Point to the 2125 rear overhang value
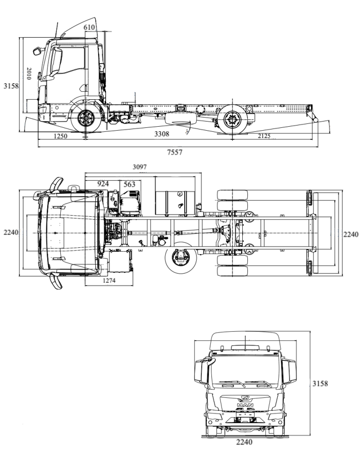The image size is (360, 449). coord(268,137)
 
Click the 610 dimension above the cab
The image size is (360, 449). coord(89,27)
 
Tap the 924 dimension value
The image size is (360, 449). coord(103,184)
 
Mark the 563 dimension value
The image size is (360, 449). coord(129,184)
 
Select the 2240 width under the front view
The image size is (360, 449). coord(244,442)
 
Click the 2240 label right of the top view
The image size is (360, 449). coord(350,234)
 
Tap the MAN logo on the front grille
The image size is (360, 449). coord(244,404)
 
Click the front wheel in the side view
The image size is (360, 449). coord(86,119)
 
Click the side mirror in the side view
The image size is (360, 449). coord(39,51)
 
